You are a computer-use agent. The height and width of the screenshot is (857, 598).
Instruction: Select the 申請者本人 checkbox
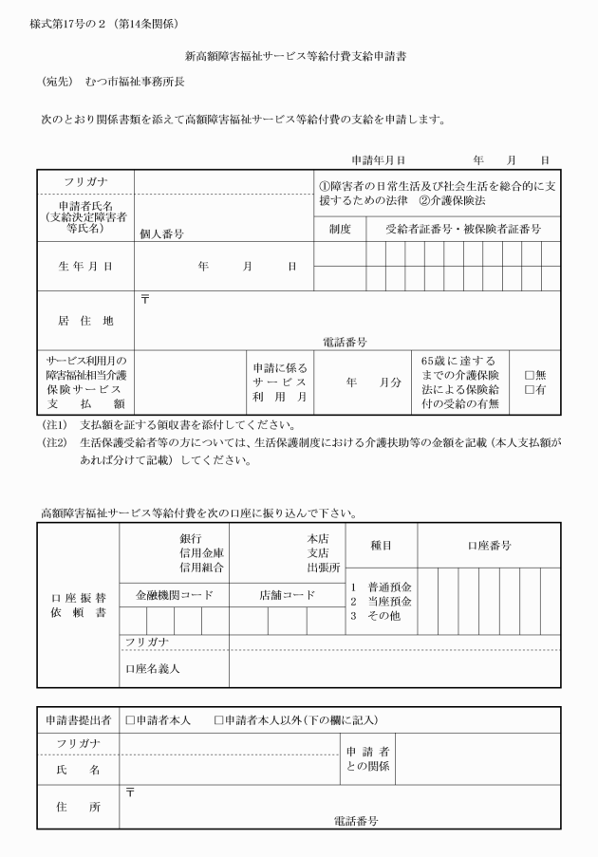coord(131,720)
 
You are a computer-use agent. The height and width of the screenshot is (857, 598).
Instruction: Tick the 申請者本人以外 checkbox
coord(219,720)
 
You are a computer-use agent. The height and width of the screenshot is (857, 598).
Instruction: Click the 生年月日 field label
coord(86,267)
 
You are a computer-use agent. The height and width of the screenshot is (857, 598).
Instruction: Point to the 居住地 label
coord(86,321)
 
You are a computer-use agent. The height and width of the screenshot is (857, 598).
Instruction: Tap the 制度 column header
coord(340,229)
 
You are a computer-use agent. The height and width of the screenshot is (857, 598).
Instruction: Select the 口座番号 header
coord(489,545)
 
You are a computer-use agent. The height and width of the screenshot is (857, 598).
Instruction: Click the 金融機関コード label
coord(174,595)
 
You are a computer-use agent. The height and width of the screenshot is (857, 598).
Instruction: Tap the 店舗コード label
coord(286,595)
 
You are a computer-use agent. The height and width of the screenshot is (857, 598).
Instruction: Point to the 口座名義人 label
coord(153,668)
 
